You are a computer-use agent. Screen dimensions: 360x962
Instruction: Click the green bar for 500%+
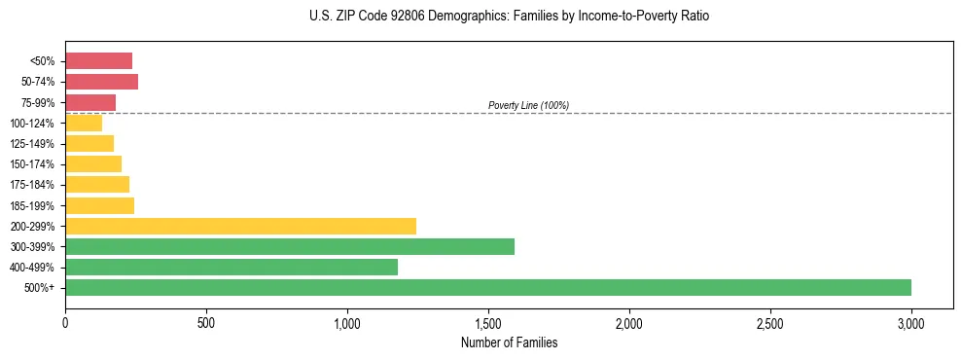click(x=487, y=288)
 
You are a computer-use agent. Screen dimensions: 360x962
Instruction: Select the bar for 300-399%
click(x=289, y=247)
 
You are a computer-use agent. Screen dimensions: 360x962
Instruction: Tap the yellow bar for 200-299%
click(x=240, y=226)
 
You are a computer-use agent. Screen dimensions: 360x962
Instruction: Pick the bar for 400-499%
click(x=231, y=268)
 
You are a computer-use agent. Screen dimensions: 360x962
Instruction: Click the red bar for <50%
click(x=98, y=61)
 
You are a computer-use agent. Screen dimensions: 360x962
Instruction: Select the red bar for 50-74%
click(x=101, y=82)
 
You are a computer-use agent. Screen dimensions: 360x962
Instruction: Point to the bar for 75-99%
click(x=90, y=102)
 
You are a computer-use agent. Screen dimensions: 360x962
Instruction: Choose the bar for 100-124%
click(x=84, y=124)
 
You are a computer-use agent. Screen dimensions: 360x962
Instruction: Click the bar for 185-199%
click(x=99, y=205)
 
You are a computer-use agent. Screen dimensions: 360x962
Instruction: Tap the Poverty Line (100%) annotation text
click(x=528, y=105)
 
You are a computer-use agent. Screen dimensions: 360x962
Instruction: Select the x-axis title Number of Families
click(x=509, y=342)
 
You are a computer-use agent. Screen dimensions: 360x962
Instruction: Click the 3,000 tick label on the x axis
click(x=910, y=321)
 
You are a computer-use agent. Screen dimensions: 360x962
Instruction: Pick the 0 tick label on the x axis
click(x=65, y=321)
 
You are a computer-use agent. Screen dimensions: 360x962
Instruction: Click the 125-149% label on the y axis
click(x=33, y=144)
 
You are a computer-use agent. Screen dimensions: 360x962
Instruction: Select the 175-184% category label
click(x=33, y=185)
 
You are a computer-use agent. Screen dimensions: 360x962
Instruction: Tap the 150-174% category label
click(x=33, y=164)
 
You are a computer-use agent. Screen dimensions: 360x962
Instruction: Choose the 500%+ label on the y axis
click(x=40, y=288)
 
